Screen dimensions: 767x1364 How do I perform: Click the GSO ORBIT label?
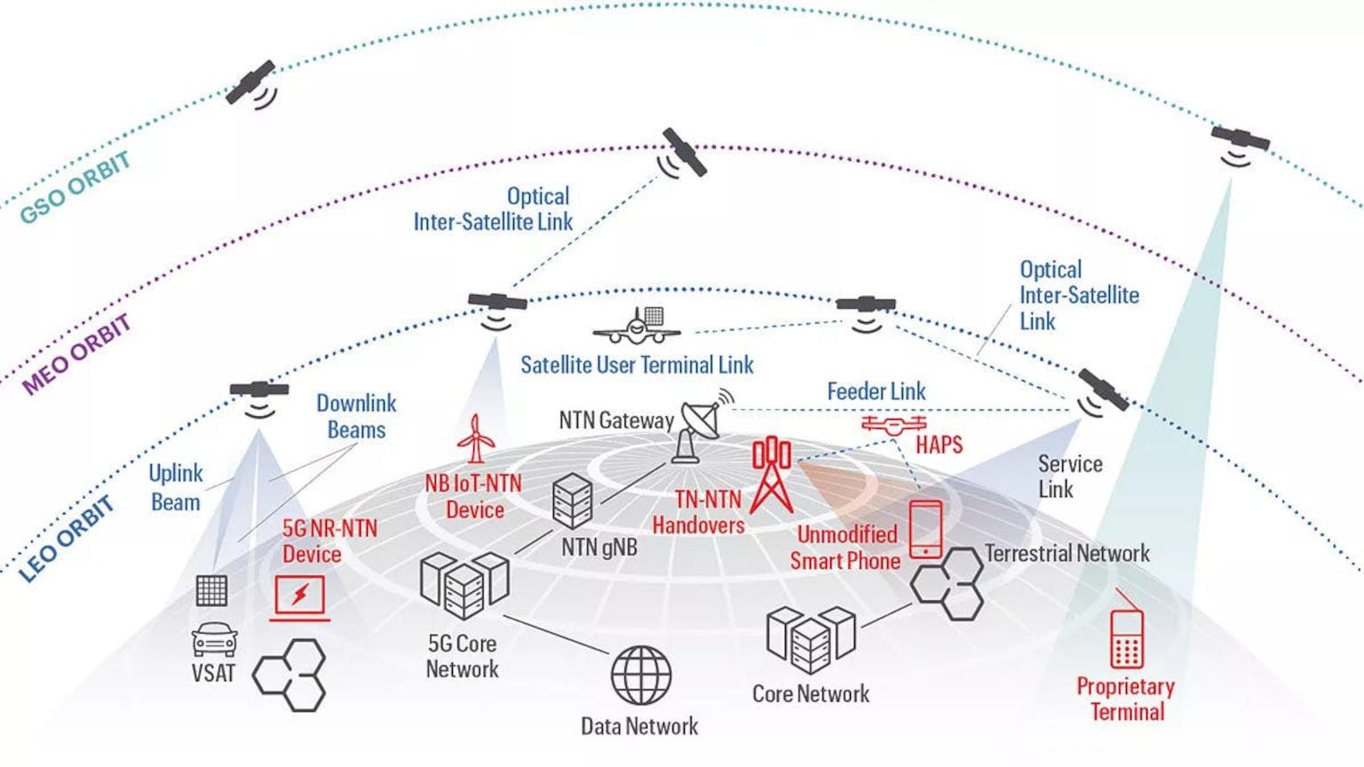76,187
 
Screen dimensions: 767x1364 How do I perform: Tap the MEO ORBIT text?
77,353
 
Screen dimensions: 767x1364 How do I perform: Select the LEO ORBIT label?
67,539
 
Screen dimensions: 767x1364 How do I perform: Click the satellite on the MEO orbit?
683,154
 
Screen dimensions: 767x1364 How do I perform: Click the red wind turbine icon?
476,439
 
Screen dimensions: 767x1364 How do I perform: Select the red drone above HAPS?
893,425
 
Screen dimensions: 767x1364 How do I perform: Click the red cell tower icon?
771,475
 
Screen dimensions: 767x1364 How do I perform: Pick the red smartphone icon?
925,529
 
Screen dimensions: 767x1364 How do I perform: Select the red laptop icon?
300,597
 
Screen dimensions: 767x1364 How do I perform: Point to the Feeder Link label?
876,391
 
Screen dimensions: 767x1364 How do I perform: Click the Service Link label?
1069,477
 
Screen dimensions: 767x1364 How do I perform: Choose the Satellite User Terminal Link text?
637,365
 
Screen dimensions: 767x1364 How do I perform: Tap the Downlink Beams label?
356,416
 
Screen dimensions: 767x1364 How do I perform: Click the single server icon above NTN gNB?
573,501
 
